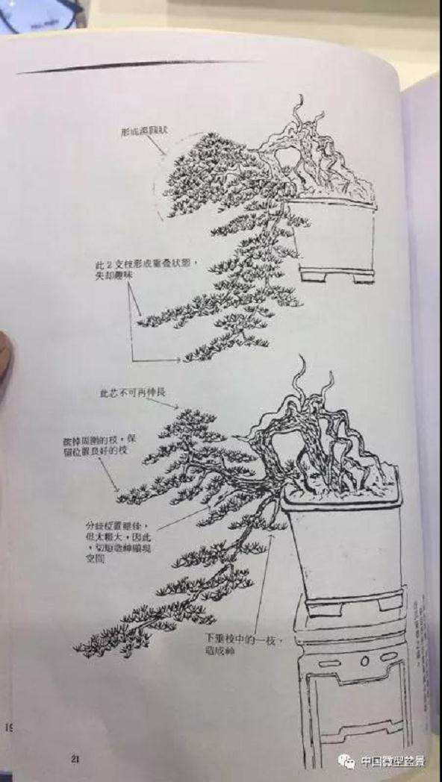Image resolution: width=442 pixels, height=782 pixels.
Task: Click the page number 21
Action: (75, 759)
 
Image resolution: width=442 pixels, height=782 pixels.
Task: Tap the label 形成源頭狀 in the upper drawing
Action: (146, 131)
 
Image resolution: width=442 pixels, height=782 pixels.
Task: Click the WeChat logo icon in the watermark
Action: (346, 761)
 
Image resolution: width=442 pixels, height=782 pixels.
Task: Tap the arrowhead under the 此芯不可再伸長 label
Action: (176, 407)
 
